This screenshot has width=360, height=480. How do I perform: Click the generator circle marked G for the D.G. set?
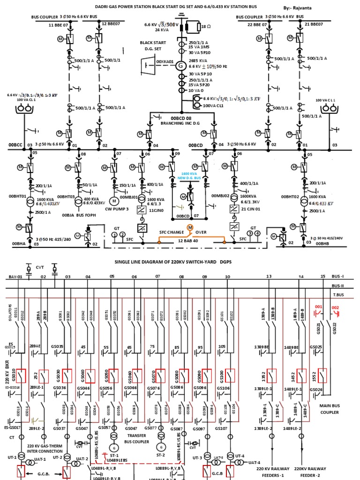point(178,66)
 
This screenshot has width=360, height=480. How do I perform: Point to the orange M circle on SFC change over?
point(190,228)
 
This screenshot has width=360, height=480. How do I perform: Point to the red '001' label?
point(319,307)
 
